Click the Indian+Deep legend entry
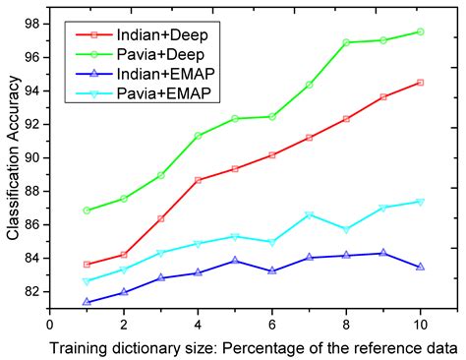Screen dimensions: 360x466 click(156, 35)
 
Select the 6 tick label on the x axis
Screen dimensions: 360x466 click(272, 321)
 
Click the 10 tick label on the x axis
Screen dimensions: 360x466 click(421, 321)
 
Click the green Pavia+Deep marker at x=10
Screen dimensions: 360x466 click(421, 31)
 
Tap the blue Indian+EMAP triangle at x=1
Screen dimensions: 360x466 click(87, 301)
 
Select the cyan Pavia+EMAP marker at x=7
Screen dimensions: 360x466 click(309, 214)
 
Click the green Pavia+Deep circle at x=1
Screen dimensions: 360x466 click(87, 210)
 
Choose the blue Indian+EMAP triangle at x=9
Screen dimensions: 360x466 click(383, 253)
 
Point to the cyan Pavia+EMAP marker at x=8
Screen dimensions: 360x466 click(346, 229)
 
